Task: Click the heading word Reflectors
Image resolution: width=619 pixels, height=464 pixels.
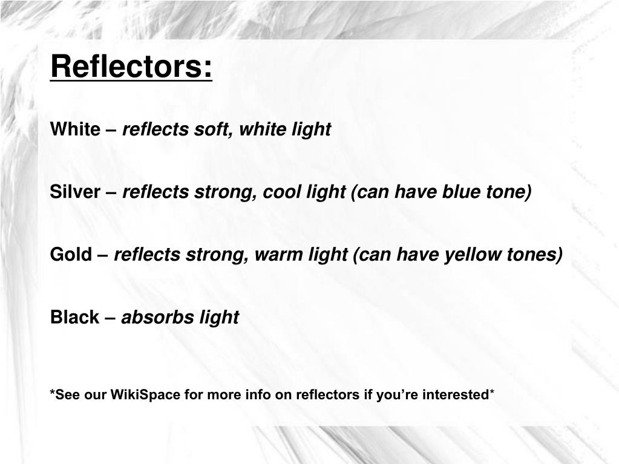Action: pyautogui.click(x=131, y=66)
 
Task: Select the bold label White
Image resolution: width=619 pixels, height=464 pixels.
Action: pyautogui.click(x=75, y=129)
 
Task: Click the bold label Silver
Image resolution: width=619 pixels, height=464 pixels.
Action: pyautogui.click(x=75, y=192)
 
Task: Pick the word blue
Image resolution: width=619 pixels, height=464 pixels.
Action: pyautogui.click(x=460, y=192)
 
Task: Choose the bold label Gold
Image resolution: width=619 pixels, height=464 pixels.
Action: pyautogui.click(x=70, y=255)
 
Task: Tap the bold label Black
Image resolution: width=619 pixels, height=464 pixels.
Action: pyautogui.click(x=74, y=317)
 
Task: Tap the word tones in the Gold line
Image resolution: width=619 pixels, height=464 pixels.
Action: pyautogui.click(x=535, y=255)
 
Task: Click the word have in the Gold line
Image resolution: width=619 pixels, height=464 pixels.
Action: pyautogui.click(x=418, y=255)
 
